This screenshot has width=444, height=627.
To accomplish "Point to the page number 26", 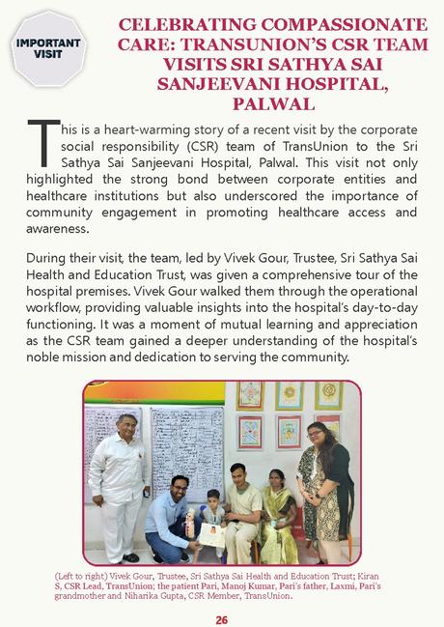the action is click(x=221, y=618).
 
